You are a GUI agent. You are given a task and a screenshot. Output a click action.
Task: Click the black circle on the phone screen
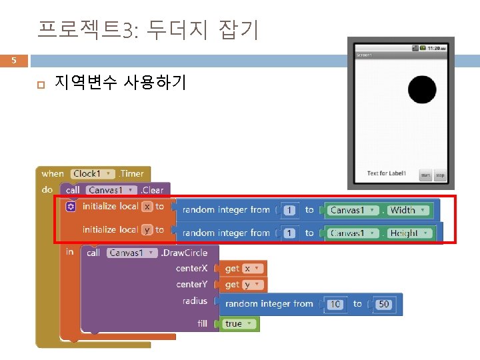tap(421, 89)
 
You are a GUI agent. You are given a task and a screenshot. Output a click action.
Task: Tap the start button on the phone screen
tap(425, 175)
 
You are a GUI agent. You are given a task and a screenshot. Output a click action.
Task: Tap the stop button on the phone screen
tap(440, 175)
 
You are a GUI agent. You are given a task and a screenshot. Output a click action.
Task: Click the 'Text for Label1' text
tap(386, 174)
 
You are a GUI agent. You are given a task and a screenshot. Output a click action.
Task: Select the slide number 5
tap(13, 61)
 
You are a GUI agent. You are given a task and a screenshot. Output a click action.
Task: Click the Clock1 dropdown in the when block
tap(92, 173)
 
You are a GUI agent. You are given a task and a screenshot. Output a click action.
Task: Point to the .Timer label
tap(132, 173)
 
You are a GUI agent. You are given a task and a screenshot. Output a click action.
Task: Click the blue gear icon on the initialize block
tap(71, 207)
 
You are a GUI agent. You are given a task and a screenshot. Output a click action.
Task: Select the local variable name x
tap(147, 207)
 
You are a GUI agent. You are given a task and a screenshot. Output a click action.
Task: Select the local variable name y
tap(147, 229)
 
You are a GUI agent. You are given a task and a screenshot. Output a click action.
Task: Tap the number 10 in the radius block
tap(335, 304)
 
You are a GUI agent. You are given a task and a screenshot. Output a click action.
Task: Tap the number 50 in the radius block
tap(383, 304)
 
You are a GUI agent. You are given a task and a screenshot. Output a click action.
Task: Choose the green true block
tap(237, 324)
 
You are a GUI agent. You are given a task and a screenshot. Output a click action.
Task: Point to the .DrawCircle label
tap(184, 253)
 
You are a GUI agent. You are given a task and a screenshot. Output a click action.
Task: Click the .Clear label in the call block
tap(152, 190)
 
